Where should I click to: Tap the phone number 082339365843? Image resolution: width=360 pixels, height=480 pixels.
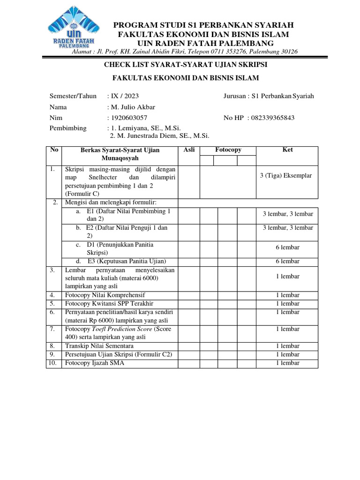point(273,118)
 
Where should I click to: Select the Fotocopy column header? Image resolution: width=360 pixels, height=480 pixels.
point(228,150)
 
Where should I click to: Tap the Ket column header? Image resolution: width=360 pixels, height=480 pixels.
point(287,150)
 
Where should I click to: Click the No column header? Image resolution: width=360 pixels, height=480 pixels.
point(54,150)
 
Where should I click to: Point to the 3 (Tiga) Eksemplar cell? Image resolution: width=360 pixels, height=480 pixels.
point(285,176)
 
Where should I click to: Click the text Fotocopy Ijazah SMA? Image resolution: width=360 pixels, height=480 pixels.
point(95,363)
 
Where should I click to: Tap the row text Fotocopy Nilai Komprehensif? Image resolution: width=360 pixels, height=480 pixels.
point(105,295)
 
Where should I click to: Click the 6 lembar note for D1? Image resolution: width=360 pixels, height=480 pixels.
point(287,247)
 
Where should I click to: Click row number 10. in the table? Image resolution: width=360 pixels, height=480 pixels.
point(54,363)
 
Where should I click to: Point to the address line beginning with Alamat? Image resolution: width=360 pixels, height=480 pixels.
point(184,52)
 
